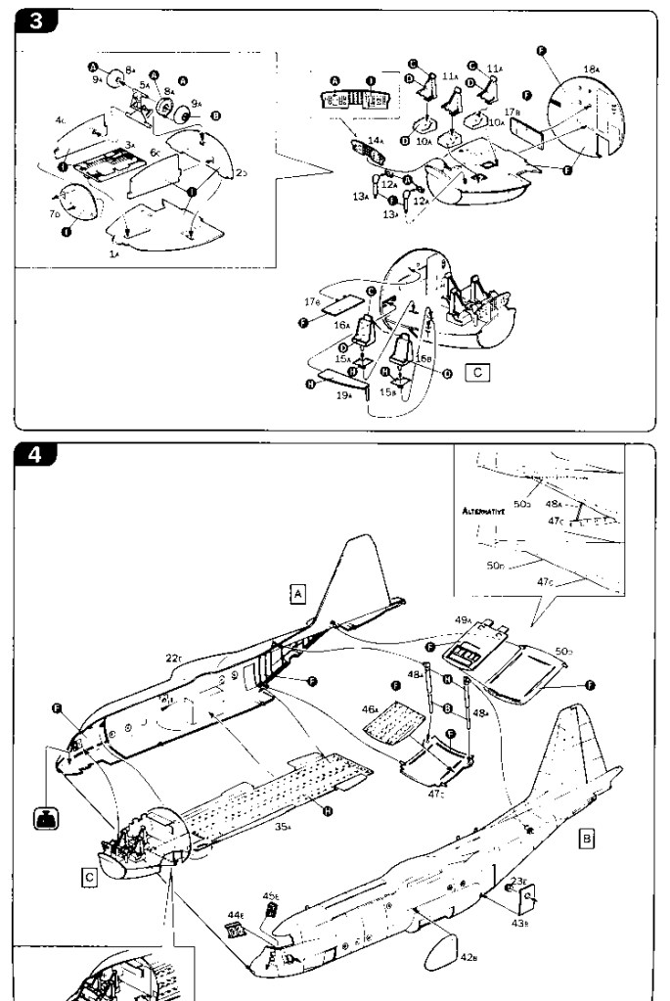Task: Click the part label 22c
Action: pos(174,658)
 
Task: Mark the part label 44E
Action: pos(235,915)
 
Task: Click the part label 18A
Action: pos(590,68)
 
